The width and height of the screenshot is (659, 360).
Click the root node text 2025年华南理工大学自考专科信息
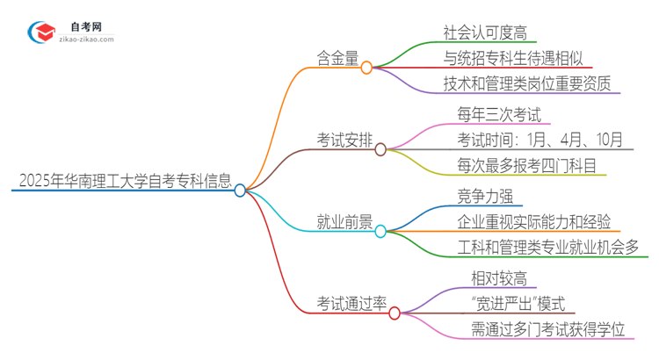(x=124, y=182)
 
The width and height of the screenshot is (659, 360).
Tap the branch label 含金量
(x=337, y=58)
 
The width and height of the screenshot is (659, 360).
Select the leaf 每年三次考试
(x=498, y=114)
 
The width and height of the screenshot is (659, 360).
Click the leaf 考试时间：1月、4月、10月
(x=540, y=140)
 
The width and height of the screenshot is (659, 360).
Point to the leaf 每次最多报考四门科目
(x=531, y=164)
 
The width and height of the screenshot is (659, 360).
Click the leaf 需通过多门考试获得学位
(x=547, y=329)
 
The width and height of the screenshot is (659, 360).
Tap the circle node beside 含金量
(x=366, y=67)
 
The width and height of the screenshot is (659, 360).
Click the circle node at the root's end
(x=240, y=190)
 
